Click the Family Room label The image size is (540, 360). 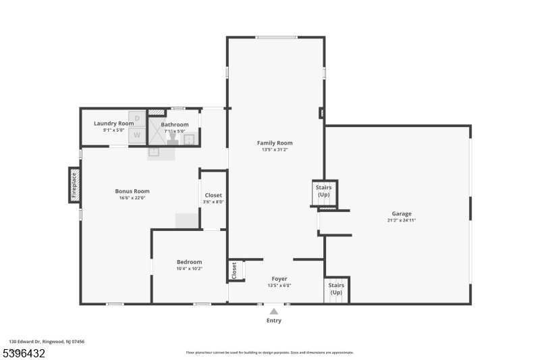point(275,143)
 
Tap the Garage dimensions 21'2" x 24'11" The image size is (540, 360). point(401,220)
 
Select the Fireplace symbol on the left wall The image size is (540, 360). point(74,185)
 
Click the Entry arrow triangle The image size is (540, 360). point(273,311)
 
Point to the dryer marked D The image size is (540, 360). point(137,119)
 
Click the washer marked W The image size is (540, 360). point(137,135)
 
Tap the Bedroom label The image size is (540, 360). point(189,262)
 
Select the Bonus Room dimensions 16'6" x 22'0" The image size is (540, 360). point(132,198)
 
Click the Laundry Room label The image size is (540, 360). point(113,124)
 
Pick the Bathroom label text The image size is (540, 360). point(175,124)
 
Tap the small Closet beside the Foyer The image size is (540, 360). point(235,270)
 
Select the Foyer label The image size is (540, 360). point(279,278)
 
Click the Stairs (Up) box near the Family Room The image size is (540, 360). point(323,190)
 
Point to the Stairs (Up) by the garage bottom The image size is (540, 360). point(335,289)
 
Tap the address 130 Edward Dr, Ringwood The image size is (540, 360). point(47,342)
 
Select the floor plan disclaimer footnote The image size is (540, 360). point(269,352)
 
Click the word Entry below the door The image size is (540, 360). point(273,320)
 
